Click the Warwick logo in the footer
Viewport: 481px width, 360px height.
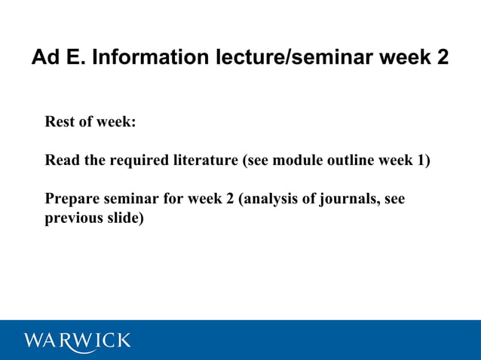[77, 340]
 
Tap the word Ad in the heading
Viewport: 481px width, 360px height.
[44, 57]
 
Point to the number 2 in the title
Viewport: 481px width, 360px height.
[442, 57]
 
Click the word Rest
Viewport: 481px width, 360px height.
[61, 121]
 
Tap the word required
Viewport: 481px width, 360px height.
[118, 160]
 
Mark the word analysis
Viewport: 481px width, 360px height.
[270, 200]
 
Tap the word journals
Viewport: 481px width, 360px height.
[348, 200]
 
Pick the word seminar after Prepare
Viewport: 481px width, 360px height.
[130, 200]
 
